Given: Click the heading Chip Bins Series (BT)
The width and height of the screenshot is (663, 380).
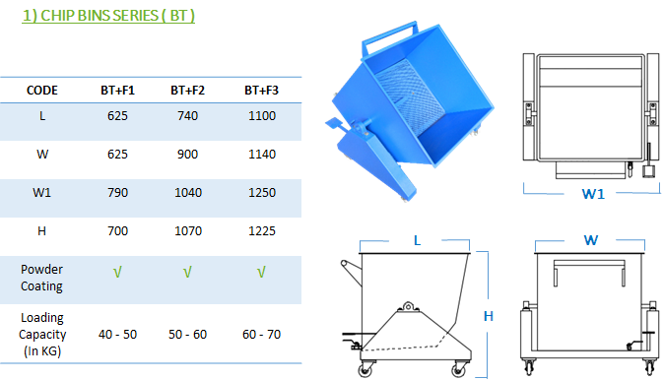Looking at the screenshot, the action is pos(108,16).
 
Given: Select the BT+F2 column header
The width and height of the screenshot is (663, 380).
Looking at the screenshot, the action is pos(187,91).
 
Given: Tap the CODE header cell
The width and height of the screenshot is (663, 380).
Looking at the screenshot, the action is pos(41,91).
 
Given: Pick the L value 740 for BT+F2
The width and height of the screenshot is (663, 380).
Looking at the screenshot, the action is pos(187,116).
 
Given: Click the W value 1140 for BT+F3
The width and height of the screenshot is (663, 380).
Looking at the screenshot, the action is pos(262,155).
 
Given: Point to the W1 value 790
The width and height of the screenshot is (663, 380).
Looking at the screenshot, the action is pos(117,193).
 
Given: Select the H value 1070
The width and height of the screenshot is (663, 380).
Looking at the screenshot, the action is pos(188,231).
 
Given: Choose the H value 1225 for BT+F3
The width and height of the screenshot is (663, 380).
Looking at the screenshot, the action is pos(262,231).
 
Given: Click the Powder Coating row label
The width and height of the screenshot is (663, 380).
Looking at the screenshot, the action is pos(41,278).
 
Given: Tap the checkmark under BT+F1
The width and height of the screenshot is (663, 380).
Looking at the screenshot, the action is pos(117,273).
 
